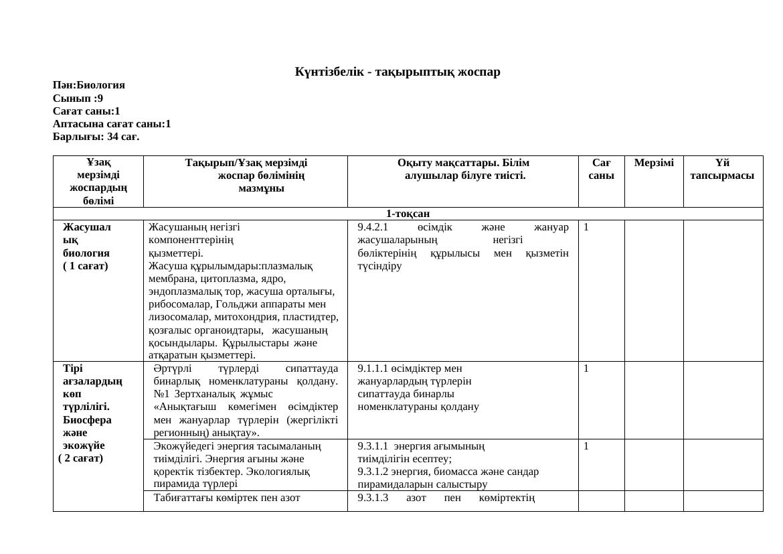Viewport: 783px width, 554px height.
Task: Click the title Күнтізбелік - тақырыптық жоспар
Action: coord(398,72)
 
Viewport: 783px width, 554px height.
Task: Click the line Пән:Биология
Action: coord(89,85)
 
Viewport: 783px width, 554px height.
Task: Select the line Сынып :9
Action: coord(78,98)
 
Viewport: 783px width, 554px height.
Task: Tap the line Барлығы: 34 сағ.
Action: coord(96,137)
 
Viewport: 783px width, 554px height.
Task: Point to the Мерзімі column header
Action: coord(654,163)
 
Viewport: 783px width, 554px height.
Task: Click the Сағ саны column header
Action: coord(601,169)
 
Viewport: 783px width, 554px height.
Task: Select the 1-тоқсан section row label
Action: coord(408,214)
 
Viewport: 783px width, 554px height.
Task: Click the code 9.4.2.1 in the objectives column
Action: coord(373,227)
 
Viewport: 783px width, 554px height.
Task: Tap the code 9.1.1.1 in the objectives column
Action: coord(373,368)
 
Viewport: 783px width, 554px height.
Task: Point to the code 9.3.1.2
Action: coord(373,472)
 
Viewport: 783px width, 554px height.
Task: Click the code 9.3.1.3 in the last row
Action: coord(373,498)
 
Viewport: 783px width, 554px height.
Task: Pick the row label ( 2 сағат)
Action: coord(80,459)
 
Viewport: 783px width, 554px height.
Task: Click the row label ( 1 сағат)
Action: coord(86,266)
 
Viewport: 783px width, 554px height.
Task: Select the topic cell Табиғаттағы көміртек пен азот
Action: coord(227,498)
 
